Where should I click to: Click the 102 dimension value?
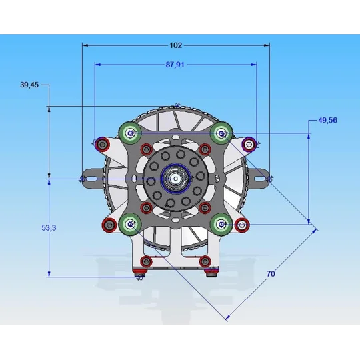[175, 45]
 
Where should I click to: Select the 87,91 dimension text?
[175, 65]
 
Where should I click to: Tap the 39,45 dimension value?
[29, 85]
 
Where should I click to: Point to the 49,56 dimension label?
[327, 120]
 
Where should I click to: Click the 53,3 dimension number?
[49, 228]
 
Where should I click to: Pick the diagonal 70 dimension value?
[271, 274]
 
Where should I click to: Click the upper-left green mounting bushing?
[130, 133]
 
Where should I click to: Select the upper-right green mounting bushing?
[221, 133]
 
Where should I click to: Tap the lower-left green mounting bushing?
[130, 224]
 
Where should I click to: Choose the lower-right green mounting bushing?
[221, 224]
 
